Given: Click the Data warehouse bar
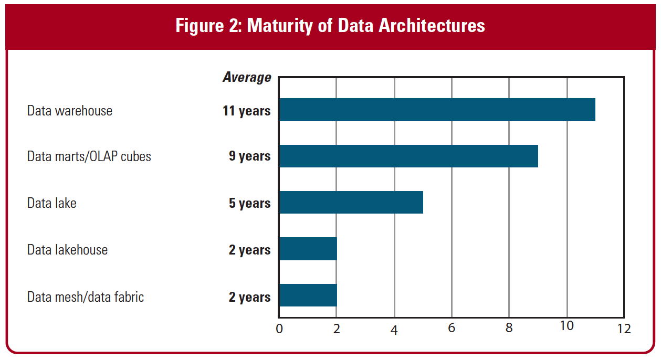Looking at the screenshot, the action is [x=437, y=110].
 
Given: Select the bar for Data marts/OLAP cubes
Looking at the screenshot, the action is [x=408, y=156].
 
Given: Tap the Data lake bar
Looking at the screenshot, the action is [x=351, y=202].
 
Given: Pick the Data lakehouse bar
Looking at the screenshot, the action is [x=308, y=249].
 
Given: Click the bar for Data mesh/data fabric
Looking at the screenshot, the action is [x=308, y=295].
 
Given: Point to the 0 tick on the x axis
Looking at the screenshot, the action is [x=279, y=329].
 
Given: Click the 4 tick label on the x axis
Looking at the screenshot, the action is [x=394, y=330].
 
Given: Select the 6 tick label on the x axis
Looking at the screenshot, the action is [x=452, y=328].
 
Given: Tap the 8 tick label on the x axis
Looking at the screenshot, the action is [x=509, y=328].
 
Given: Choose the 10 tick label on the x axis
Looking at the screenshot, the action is [x=566, y=326].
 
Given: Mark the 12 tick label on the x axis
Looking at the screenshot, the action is [x=624, y=329].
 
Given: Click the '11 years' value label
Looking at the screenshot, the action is [x=247, y=111].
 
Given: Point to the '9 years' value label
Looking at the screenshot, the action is [x=249, y=156].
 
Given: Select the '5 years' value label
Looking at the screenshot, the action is [x=249, y=204].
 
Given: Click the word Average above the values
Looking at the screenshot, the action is [x=247, y=78].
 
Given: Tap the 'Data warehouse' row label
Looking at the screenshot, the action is [x=70, y=111].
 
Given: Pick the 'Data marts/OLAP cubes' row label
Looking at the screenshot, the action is [x=89, y=156].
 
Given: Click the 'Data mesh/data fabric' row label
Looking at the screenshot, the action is [x=86, y=297].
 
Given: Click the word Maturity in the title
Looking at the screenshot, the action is [x=280, y=26].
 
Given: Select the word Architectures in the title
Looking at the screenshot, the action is [x=432, y=25].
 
